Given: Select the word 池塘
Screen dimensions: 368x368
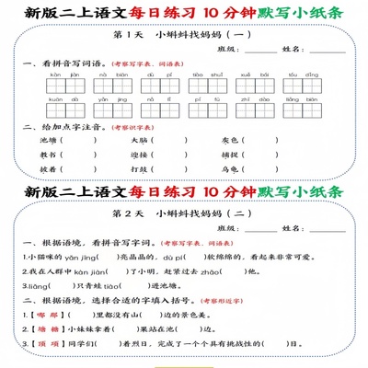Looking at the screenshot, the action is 48,140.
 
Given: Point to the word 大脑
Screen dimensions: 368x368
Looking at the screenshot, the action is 139,140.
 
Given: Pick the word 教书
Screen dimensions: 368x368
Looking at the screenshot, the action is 48,155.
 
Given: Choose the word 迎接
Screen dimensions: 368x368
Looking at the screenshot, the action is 139,155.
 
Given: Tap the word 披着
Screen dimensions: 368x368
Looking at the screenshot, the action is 48,169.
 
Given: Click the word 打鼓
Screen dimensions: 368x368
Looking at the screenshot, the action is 139,169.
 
